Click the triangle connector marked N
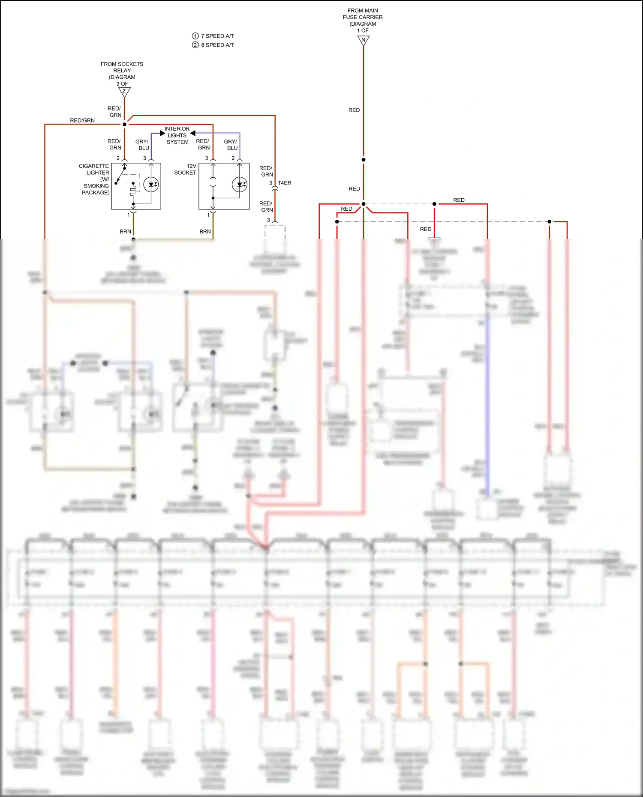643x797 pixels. coord(363,40)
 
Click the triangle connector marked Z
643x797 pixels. coord(124,92)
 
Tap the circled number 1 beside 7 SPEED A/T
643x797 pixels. coord(195,36)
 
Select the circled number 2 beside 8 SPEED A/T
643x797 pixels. coord(195,45)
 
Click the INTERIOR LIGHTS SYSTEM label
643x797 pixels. coord(177,135)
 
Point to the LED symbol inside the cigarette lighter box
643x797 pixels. coord(151,185)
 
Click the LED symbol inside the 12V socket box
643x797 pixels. coord(240,185)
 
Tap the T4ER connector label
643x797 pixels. coord(284,183)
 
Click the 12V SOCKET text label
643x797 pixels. coord(185,169)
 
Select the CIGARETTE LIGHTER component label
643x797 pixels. coord(94,179)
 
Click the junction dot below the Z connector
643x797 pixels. coord(125,124)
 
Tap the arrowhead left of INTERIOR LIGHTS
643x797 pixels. coord(162,133)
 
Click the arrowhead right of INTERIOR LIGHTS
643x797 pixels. coord(193,133)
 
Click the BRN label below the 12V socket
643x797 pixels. coord(205,231)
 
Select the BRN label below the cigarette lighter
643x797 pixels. coord(125,231)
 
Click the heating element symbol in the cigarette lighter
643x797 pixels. coord(133,189)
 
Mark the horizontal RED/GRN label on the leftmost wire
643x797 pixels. coord(82,120)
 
